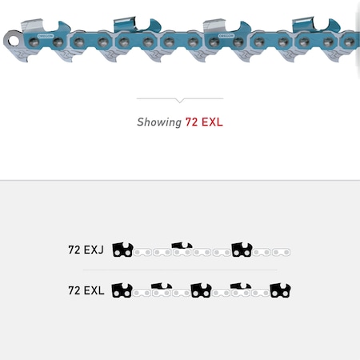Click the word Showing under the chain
pos(159,122)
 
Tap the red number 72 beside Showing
pos(192,122)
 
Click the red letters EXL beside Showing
pos(211,122)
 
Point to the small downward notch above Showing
pos(179,101)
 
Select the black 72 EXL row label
pos(86,290)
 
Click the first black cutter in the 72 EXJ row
pos(122,250)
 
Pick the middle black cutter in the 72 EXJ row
pos(182,248)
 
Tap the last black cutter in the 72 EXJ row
pos(242,250)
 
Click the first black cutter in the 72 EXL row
pos(122,290)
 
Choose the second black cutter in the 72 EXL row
pos(162,288)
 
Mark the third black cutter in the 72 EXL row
pos(202,290)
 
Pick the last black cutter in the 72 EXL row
pos(280,290)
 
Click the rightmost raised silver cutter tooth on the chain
pos(314,21)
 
